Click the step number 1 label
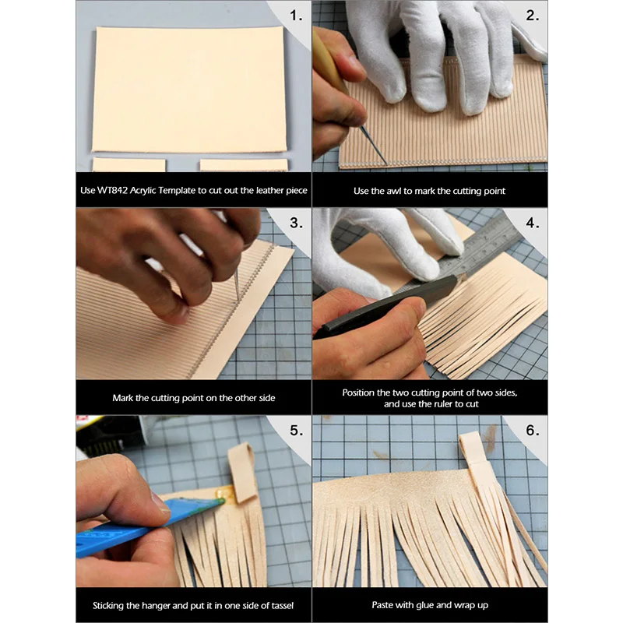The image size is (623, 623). pyautogui.click(x=296, y=16)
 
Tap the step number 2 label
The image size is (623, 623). pyautogui.click(x=533, y=16)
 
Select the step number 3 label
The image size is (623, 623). pyautogui.click(x=296, y=223)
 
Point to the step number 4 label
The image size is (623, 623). pyautogui.click(x=533, y=223)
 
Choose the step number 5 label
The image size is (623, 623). pyautogui.click(x=296, y=431)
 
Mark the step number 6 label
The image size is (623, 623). pyautogui.click(x=533, y=431)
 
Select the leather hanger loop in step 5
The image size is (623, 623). pyautogui.click(x=243, y=472)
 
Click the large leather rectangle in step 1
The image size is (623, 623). pyautogui.click(x=189, y=89)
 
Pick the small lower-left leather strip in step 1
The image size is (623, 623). pyautogui.click(x=129, y=165)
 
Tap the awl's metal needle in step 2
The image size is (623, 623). pyautogui.click(x=374, y=146)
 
